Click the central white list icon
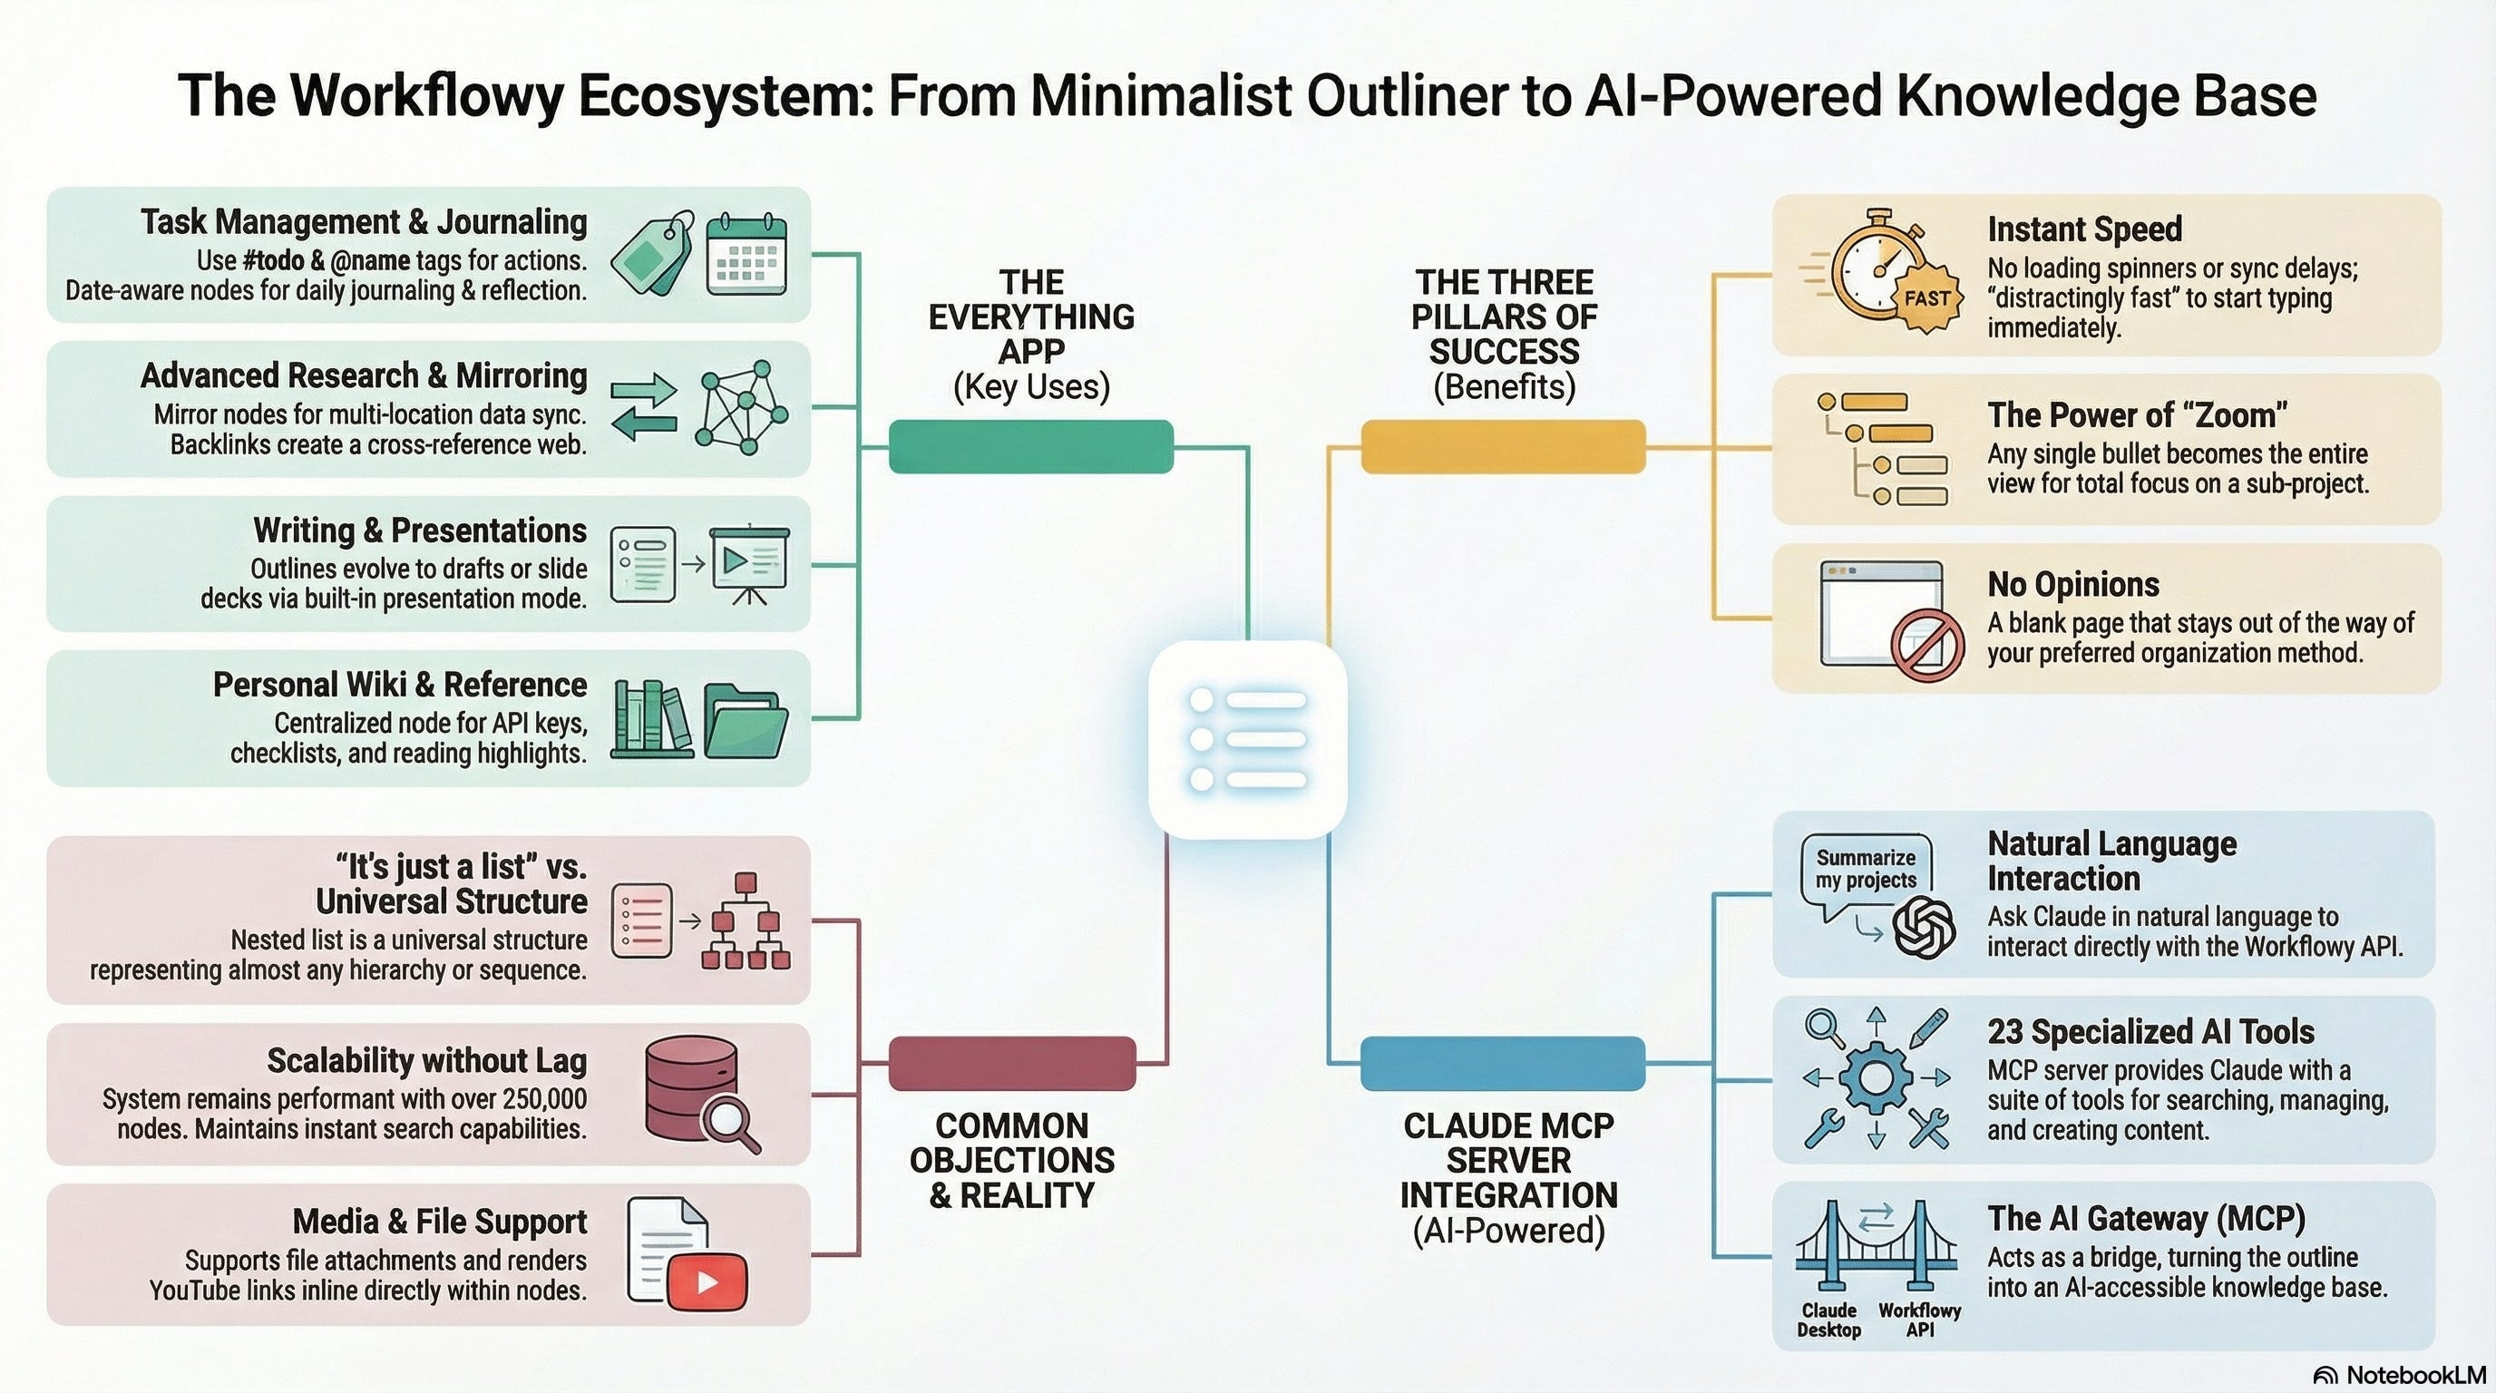[1247, 739]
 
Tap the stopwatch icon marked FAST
[1881, 276]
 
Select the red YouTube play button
[707, 1281]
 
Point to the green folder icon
[744, 721]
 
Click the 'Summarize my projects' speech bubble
[1866, 869]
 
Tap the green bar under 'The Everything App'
[1031, 446]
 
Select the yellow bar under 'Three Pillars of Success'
[1503, 446]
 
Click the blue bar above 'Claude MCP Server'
[1503, 1063]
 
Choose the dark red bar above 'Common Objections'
[1011, 1063]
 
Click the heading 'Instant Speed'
[2084, 229]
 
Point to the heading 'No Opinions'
[2072, 584]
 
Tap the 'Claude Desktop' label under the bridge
[1828, 1320]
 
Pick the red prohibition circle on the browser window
[1928, 645]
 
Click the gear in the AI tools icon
[1876, 1077]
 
